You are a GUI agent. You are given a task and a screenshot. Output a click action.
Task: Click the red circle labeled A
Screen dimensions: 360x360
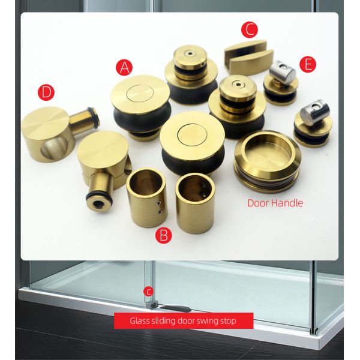pyautogui.click(x=125, y=67)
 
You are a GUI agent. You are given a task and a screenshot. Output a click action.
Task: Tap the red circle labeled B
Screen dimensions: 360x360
pyautogui.click(x=163, y=235)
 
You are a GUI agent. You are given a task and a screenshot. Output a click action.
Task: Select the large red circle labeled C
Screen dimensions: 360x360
pyautogui.click(x=249, y=29)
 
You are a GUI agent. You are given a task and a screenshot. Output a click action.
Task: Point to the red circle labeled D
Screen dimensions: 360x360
pyautogui.click(x=46, y=92)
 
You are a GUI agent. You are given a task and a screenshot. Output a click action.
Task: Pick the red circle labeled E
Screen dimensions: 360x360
pyautogui.click(x=308, y=65)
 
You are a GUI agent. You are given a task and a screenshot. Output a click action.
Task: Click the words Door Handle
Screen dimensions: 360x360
pyautogui.click(x=275, y=203)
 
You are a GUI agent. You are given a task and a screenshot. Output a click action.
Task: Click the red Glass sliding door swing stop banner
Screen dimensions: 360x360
pyautogui.click(x=183, y=321)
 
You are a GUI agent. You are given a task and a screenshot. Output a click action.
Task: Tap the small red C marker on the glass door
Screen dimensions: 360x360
pyautogui.click(x=149, y=292)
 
